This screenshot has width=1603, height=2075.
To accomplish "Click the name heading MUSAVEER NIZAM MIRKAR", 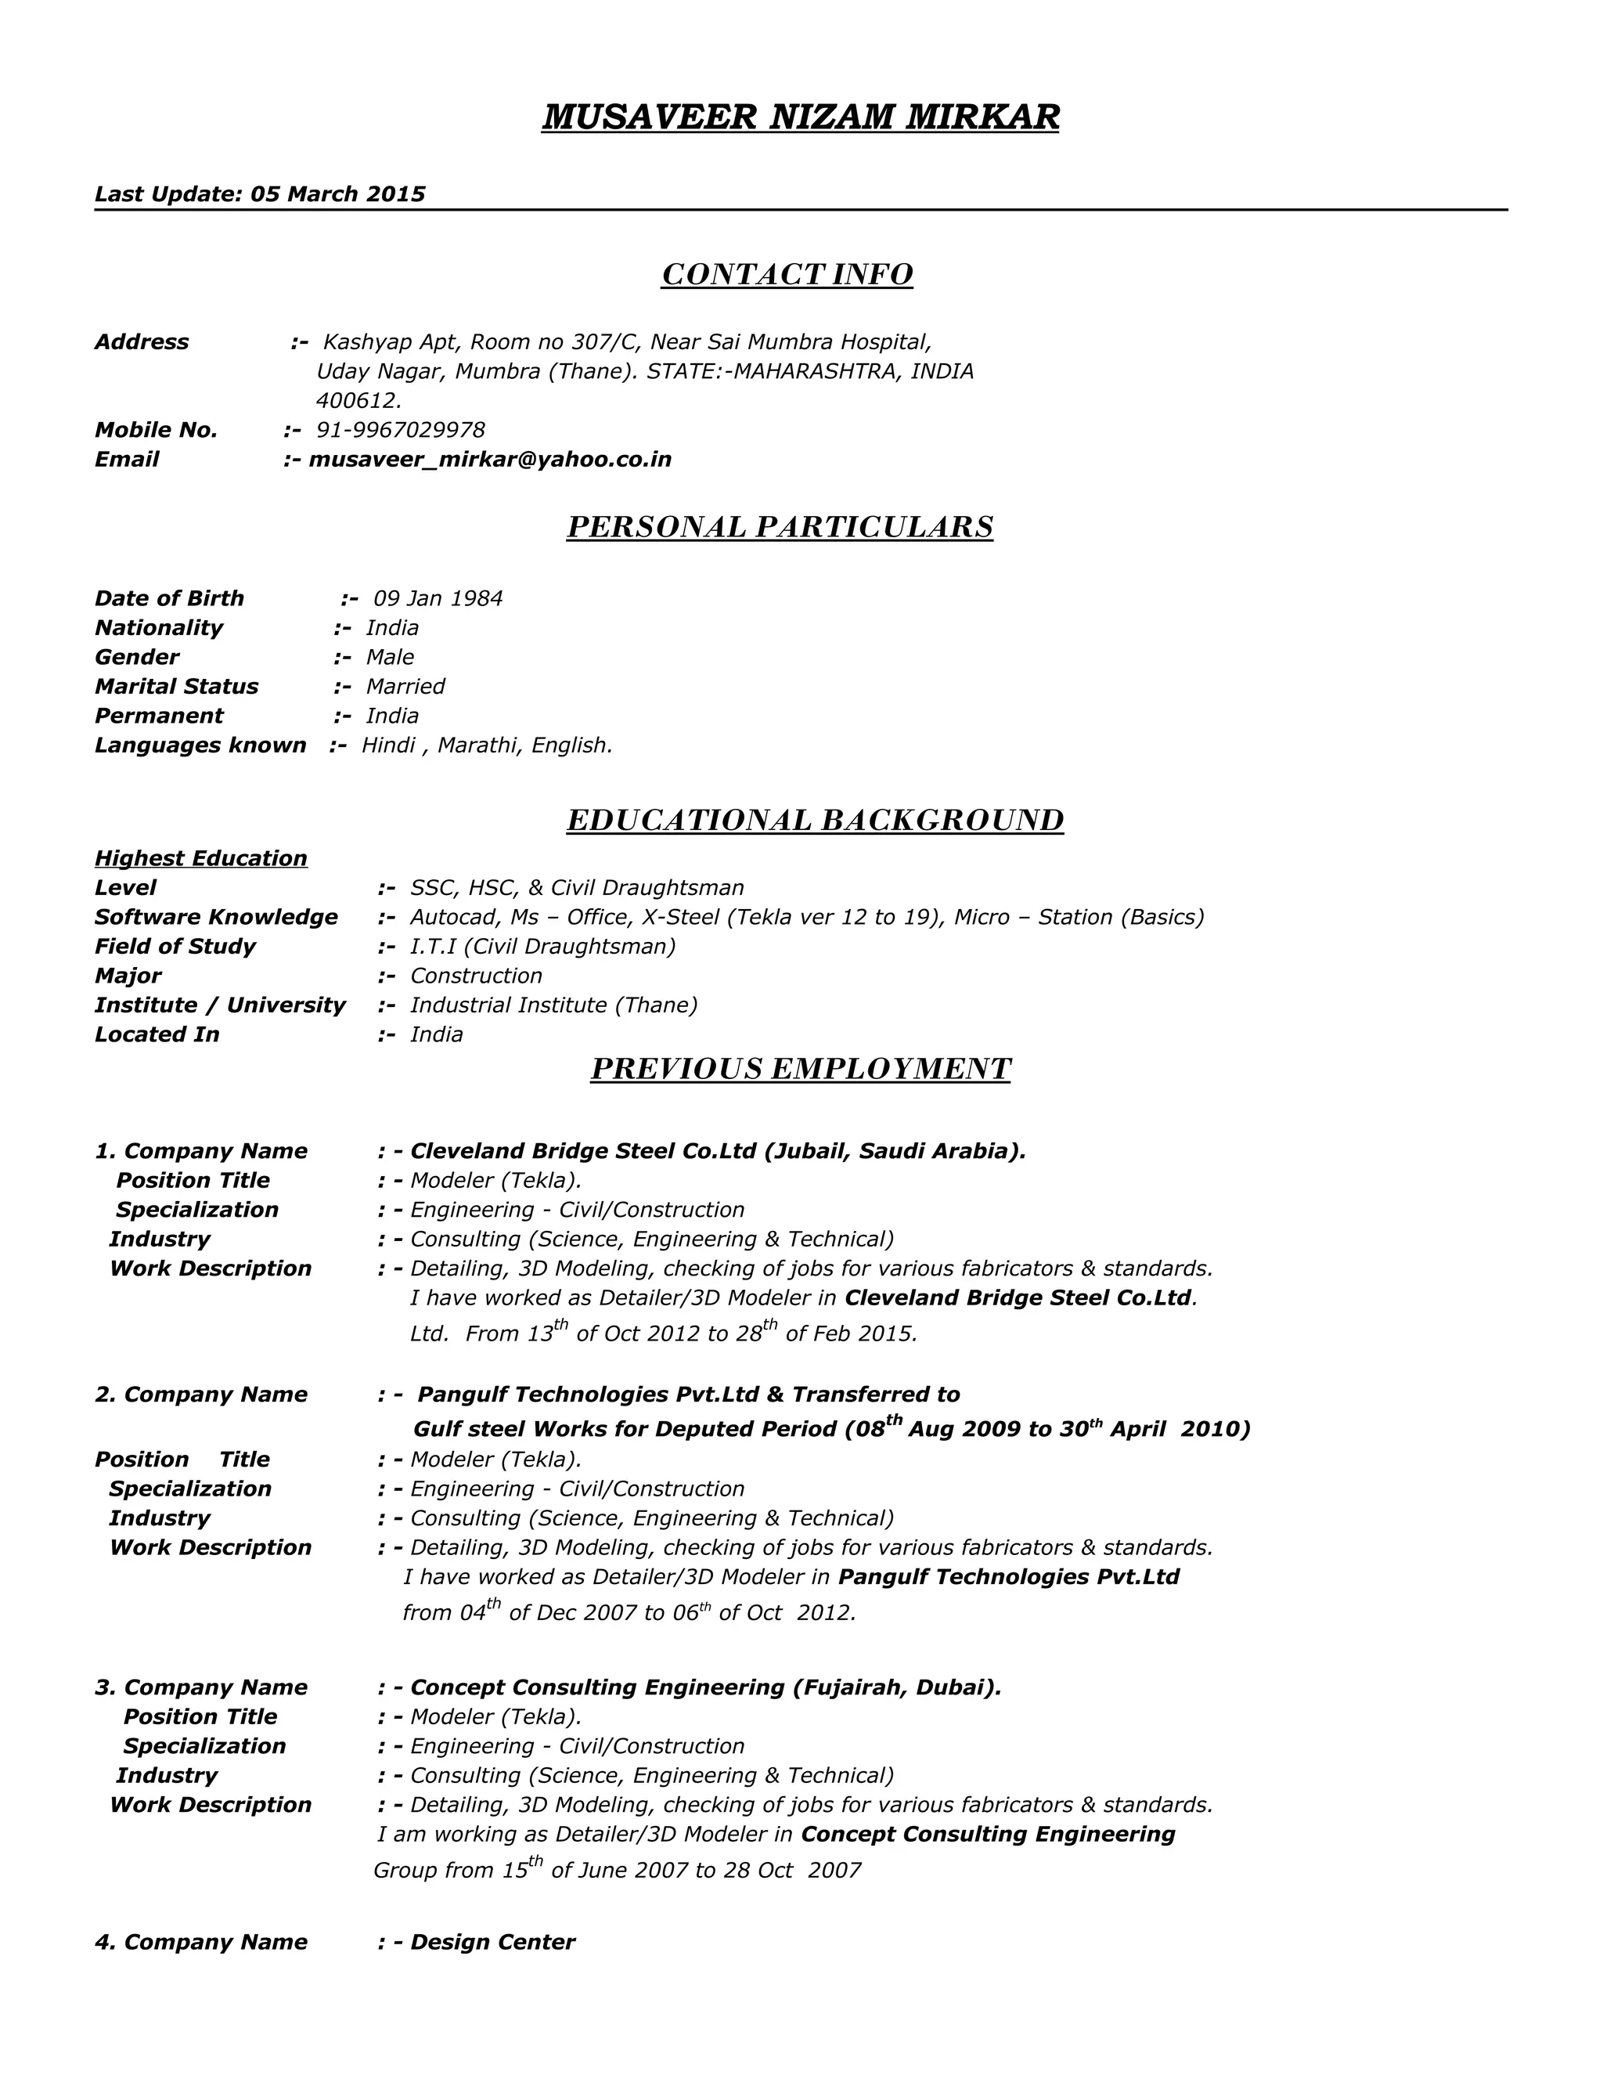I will (x=800, y=117).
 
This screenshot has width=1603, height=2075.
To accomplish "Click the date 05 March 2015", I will (x=337, y=195).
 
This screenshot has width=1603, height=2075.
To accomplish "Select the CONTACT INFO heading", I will (x=787, y=275).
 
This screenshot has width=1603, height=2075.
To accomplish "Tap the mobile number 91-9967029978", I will (x=400, y=431).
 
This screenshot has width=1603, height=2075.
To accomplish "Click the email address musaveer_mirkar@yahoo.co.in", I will (x=490, y=460).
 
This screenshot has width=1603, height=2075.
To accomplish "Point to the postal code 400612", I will (x=358, y=401).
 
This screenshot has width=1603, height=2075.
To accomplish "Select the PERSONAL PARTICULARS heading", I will (x=780, y=527).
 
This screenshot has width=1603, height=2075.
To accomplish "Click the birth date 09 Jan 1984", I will (x=438, y=598).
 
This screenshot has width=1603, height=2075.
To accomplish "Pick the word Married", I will (x=405, y=687).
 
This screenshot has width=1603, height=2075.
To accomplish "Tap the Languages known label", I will (x=200, y=745).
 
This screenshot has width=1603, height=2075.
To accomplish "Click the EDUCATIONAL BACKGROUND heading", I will (x=815, y=820).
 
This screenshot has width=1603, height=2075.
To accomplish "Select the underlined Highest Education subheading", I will (x=201, y=859).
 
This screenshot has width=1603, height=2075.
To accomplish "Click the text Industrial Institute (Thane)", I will (x=553, y=1005).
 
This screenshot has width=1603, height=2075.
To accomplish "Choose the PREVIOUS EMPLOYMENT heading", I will (x=800, y=1070).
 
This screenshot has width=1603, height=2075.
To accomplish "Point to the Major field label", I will (x=128, y=976).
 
